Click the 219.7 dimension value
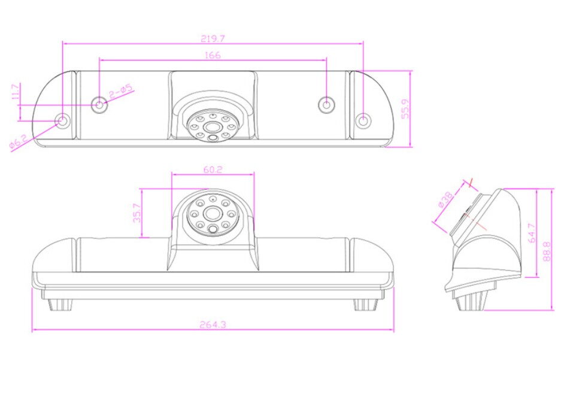pyautogui.click(x=213, y=38)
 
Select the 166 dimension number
pyautogui.click(x=213, y=55)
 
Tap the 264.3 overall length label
pyautogui.click(x=213, y=325)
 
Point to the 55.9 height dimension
pyautogui.click(x=405, y=109)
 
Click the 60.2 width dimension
pyautogui.click(x=213, y=169)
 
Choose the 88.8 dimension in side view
pyautogui.click(x=547, y=250)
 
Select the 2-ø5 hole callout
pyautogui.click(x=120, y=93)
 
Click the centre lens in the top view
pyautogui.click(x=213, y=127)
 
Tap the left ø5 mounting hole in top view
pyautogui.click(x=99, y=105)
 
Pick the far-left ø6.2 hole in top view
pyautogui.click(x=62, y=121)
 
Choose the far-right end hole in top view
pyautogui.click(x=363, y=121)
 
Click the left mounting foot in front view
pyautogui.click(x=60, y=304)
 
